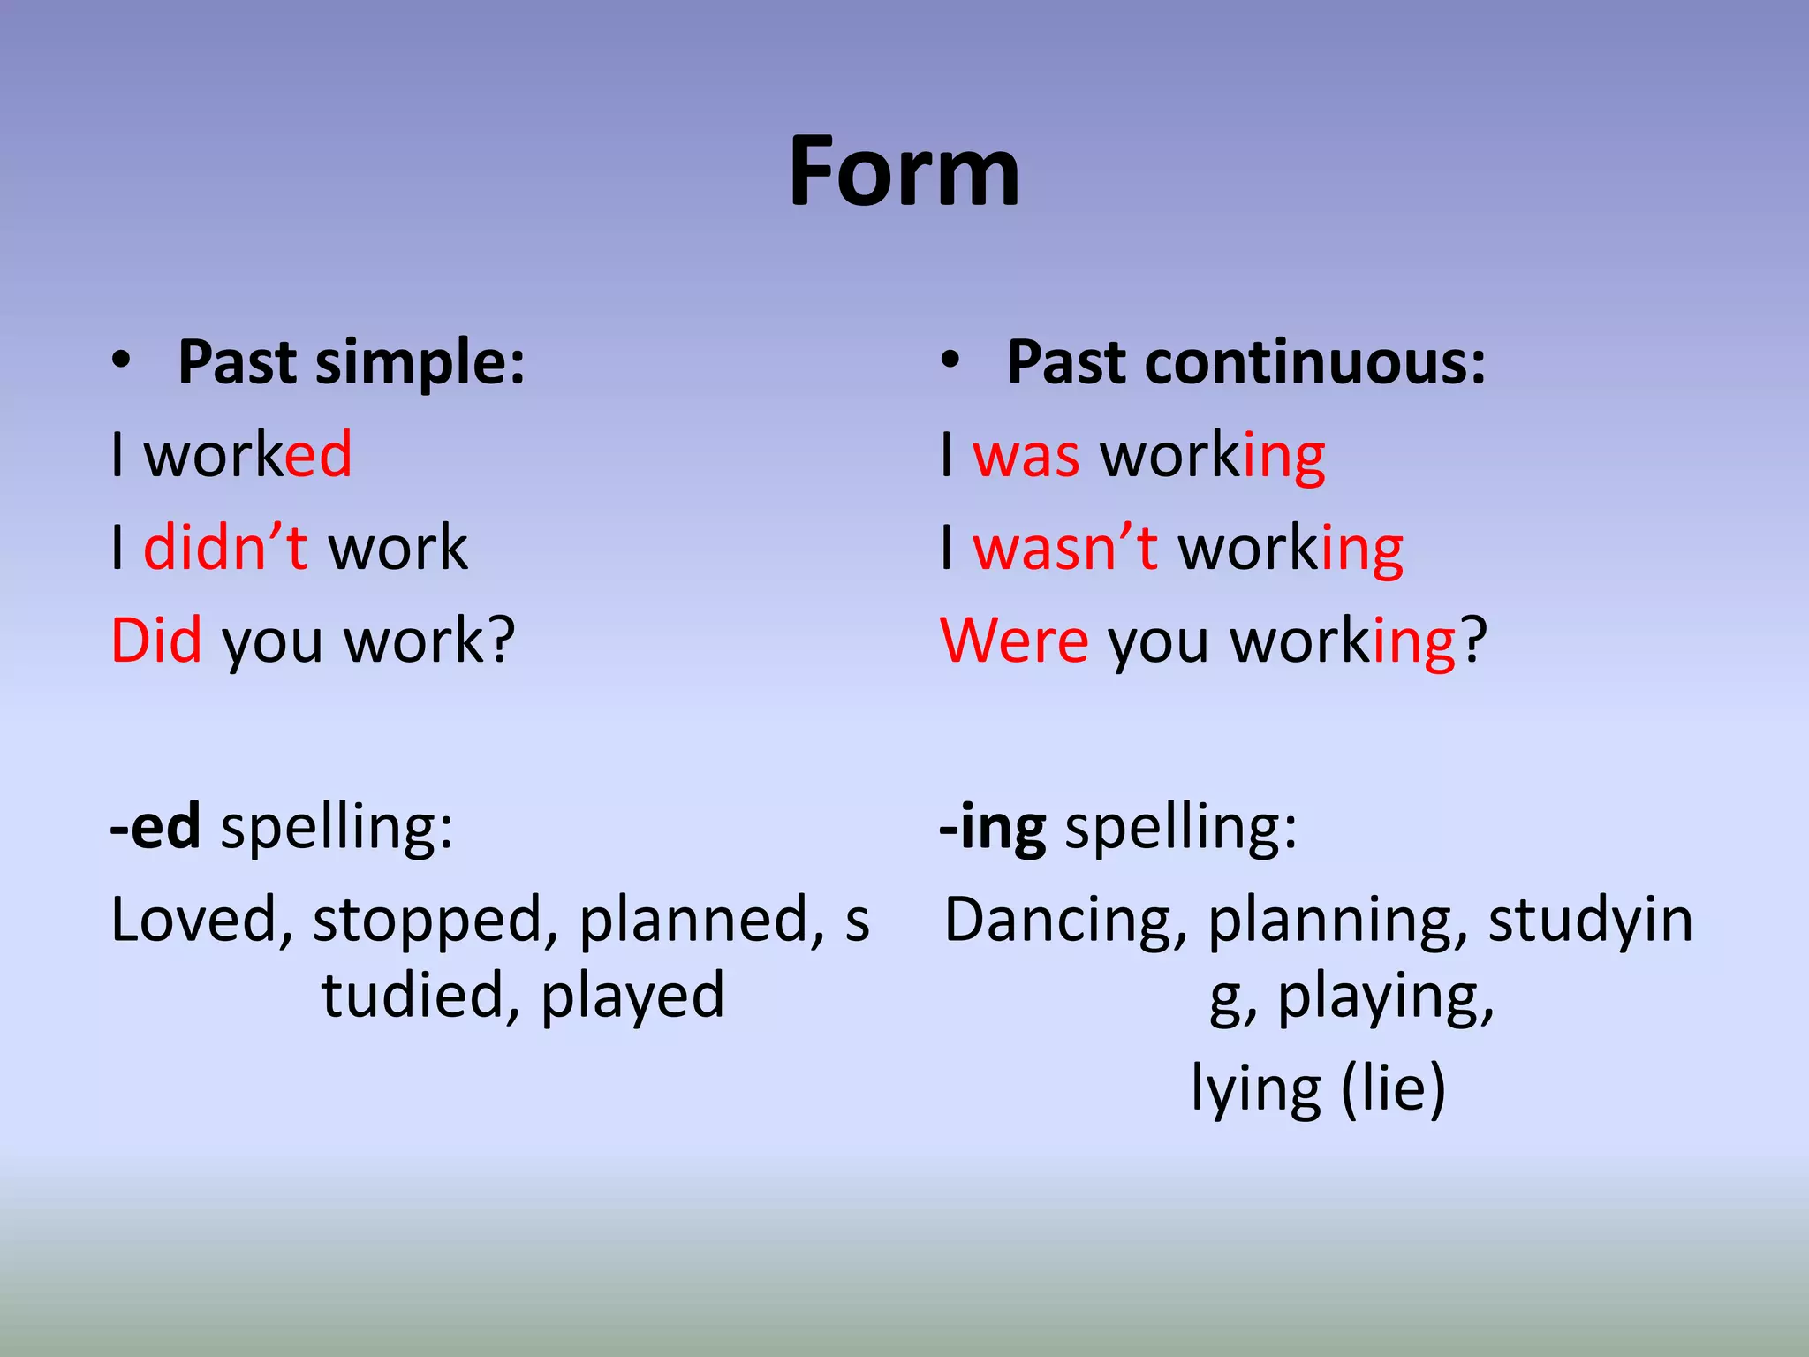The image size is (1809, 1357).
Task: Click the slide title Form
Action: pyautogui.click(x=904, y=172)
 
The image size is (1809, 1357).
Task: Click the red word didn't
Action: pyautogui.click(x=225, y=547)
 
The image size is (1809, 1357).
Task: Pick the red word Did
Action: pyautogui.click(x=156, y=640)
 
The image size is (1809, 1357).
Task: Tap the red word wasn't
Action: pyautogui.click(x=1064, y=547)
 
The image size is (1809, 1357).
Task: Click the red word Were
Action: pyautogui.click(x=1014, y=640)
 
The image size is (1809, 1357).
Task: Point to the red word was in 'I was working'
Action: pyautogui.click(x=1026, y=456)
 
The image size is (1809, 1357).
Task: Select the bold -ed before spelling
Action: pyautogui.click(x=155, y=826)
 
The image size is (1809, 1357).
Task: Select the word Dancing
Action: pyautogui.click(x=1065, y=921)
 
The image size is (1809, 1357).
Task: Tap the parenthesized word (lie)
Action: pyautogui.click(x=1393, y=1088)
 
